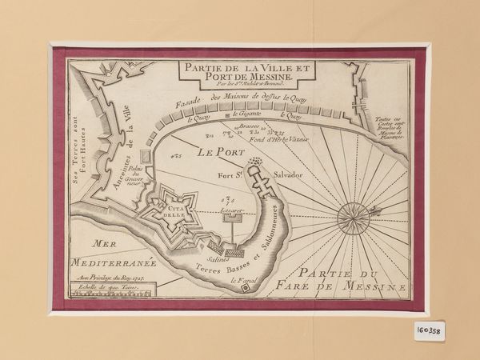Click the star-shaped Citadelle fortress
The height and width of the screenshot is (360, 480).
click(x=170, y=210)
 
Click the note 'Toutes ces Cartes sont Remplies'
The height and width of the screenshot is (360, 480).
click(x=389, y=130)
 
